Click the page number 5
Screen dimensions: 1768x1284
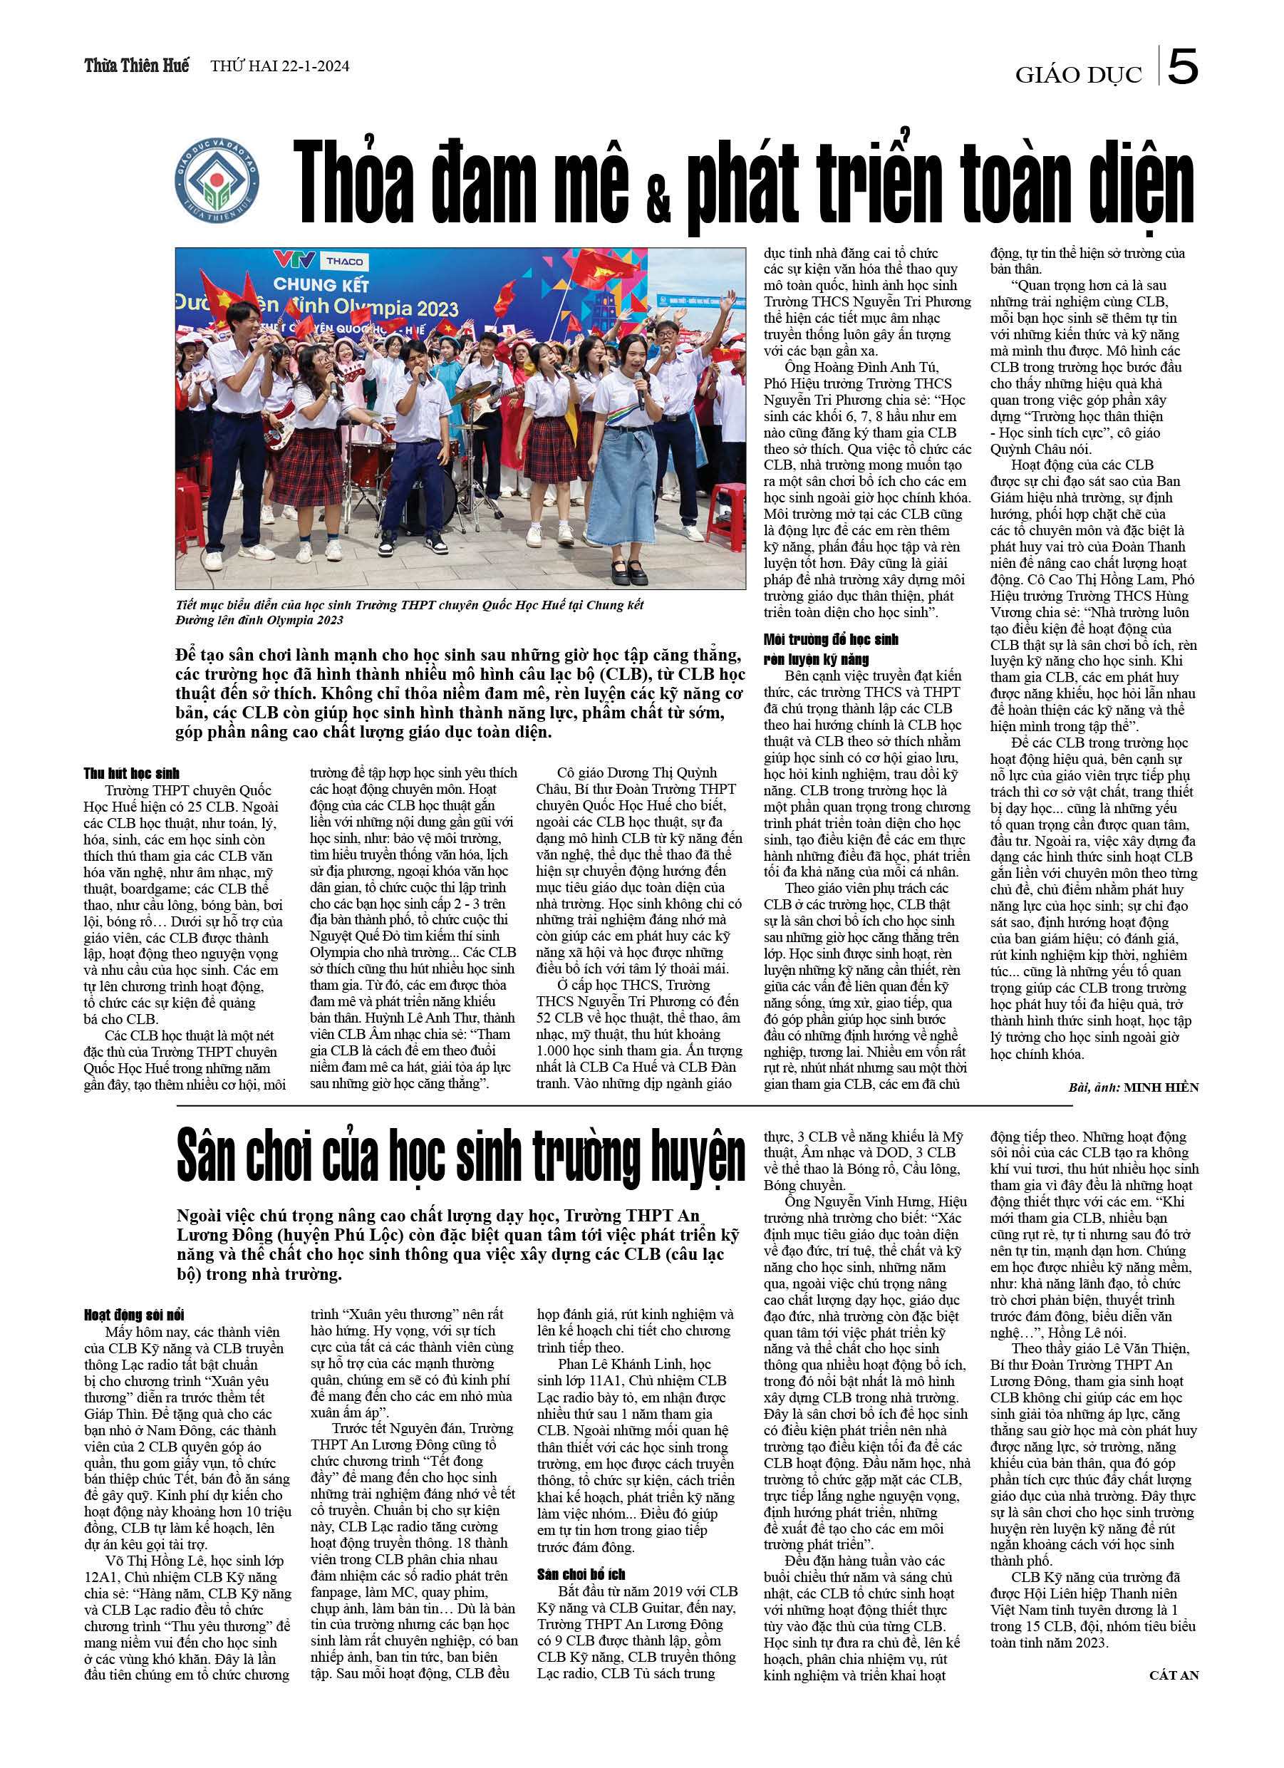(1183, 68)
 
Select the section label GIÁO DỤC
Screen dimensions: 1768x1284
(1077, 75)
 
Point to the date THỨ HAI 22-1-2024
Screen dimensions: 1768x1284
(280, 66)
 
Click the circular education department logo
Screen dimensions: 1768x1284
(217, 181)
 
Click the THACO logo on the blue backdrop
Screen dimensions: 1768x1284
(344, 261)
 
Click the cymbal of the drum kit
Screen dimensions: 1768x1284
(470, 393)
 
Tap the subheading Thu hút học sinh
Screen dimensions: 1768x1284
(132, 773)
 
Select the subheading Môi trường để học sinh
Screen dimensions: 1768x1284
(831, 640)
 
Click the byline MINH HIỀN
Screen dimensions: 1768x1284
(1161, 1087)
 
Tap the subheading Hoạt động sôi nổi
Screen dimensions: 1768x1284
(134, 1315)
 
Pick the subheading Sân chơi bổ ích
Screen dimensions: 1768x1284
(581, 1574)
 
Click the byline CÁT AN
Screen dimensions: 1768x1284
(1174, 1675)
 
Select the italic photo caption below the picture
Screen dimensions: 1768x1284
(409, 612)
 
